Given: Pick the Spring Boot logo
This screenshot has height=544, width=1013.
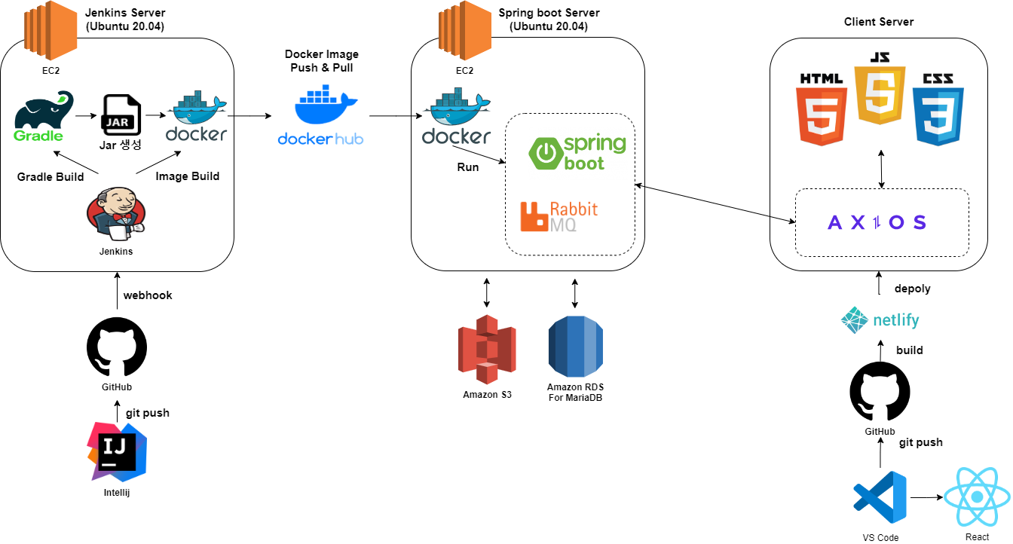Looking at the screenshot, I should [577, 152].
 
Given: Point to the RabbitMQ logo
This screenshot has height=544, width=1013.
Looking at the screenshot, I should [559, 215].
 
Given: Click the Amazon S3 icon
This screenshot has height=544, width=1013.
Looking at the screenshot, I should [487, 349].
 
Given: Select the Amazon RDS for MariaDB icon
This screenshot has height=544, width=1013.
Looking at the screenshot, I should [576, 347].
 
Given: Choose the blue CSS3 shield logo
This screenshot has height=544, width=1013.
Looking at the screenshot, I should [938, 110].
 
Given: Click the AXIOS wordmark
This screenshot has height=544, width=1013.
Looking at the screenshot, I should [877, 222].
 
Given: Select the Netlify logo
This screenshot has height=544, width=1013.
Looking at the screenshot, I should [880, 320].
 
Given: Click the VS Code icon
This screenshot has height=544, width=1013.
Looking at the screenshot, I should [880, 498].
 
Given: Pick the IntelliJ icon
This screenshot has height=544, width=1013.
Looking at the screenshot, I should [118, 451].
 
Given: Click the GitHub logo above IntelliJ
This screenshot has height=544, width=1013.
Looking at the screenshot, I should [117, 347].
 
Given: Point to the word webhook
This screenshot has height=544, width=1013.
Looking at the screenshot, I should [148, 295].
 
